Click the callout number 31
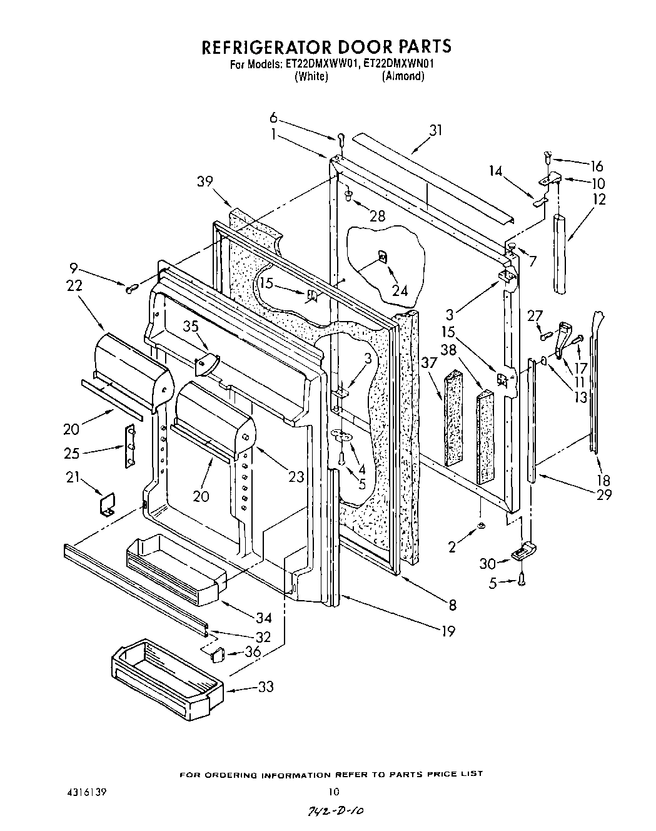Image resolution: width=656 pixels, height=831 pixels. (435, 130)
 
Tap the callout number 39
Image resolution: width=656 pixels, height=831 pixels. (204, 181)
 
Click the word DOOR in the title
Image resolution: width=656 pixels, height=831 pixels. (340, 47)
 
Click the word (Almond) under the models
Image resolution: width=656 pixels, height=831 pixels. (403, 76)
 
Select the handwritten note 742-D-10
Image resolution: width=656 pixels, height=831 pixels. (335, 810)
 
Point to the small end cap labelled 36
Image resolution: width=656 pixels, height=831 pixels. (217, 655)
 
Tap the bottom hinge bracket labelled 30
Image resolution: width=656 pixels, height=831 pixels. (524, 552)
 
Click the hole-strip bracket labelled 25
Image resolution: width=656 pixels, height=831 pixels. (131, 446)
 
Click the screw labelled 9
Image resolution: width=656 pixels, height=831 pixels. (132, 288)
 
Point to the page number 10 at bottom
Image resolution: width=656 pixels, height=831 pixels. (335, 792)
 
